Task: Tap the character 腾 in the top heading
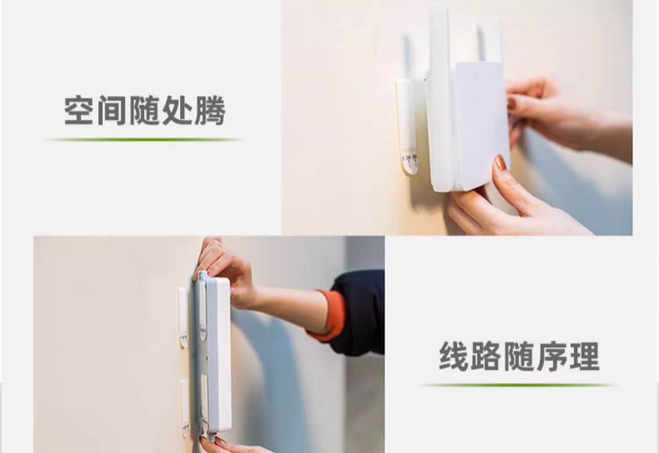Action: [x=210, y=110]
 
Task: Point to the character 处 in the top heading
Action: [x=177, y=110]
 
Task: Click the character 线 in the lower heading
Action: [x=454, y=356]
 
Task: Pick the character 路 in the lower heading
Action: [x=486, y=356]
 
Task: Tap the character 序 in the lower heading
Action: [x=552, y=356]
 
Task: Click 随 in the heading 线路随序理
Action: [x=519, y=356]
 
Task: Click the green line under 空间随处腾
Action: [x=144, y=140]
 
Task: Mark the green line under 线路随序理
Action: [x=518, y=385]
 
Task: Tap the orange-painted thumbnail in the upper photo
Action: [x=500, y=163]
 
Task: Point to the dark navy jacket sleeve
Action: [x=359, y=313]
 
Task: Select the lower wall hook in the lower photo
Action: [x=185, y=409]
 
